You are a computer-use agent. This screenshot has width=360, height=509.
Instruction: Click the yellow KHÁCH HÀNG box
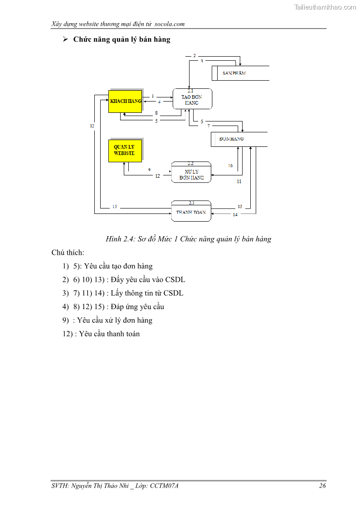(x=125, y=101)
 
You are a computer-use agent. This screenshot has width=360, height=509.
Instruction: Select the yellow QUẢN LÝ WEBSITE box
(x=125, y=150)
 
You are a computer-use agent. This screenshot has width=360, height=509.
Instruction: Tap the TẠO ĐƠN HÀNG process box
(x=192, y=99)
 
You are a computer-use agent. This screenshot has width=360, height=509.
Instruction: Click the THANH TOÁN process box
(x=191, y=212)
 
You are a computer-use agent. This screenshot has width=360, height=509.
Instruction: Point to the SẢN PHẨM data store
(x=241, y=73)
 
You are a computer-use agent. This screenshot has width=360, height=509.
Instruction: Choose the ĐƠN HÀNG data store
(x=239, y=139)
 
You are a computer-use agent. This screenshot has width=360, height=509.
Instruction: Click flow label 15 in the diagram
(x=115, y=207)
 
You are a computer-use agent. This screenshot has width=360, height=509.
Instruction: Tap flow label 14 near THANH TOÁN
(x=235, y=215)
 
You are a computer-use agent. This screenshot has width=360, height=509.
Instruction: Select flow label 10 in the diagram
(x=230, y=166)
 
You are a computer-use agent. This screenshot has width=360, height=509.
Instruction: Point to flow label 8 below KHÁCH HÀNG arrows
(x=156, y=113)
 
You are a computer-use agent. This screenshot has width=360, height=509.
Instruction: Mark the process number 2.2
(x=191, y=163)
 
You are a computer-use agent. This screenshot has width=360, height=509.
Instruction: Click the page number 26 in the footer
(x=322, y=486)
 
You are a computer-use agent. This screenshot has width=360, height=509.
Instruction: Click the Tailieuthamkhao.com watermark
(x=325, y=7)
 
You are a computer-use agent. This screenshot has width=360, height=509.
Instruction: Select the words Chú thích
(x=68, y=252)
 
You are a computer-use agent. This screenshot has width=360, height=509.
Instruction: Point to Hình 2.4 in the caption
(x=118, y=239)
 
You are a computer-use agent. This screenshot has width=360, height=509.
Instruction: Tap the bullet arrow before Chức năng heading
(x=65, y=40)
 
